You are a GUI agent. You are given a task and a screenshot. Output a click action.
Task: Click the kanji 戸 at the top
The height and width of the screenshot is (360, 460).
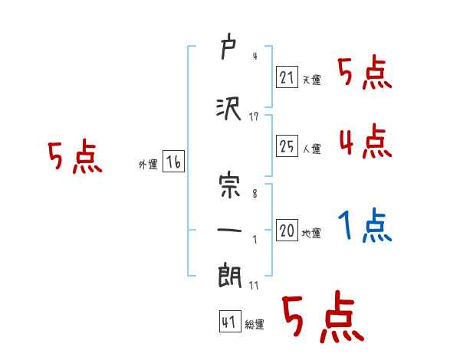(x=228, y=51)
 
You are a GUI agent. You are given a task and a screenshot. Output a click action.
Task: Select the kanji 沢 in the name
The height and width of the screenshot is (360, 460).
(x=228, y=109)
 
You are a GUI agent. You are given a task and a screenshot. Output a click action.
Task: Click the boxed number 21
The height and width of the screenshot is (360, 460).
(x=287, y=77)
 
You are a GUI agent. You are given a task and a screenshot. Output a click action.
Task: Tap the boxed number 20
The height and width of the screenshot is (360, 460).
(x=287, y=231)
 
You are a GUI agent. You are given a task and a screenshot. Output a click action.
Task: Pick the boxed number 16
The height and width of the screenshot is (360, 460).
(x=173, y=162)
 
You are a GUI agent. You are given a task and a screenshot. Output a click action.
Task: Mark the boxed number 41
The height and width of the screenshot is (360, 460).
(x=229, y=322)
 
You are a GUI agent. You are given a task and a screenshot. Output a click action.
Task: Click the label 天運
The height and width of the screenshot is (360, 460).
(x=311, y=80)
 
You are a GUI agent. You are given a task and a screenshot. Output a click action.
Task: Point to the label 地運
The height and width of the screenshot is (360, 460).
(x=311, y=233)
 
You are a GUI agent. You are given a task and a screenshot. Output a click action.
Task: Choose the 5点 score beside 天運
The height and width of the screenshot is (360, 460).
(x=365, y=74)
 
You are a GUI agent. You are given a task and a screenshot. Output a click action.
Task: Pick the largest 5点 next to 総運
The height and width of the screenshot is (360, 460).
(x=322, y=316)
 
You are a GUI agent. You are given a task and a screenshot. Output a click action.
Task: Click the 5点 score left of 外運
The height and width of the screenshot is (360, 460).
(x=74, y=158)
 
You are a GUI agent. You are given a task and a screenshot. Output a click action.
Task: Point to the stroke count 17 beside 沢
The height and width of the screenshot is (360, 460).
(x=254, y=116)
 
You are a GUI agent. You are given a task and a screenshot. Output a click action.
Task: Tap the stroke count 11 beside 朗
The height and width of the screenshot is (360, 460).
(x=254, y=285)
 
